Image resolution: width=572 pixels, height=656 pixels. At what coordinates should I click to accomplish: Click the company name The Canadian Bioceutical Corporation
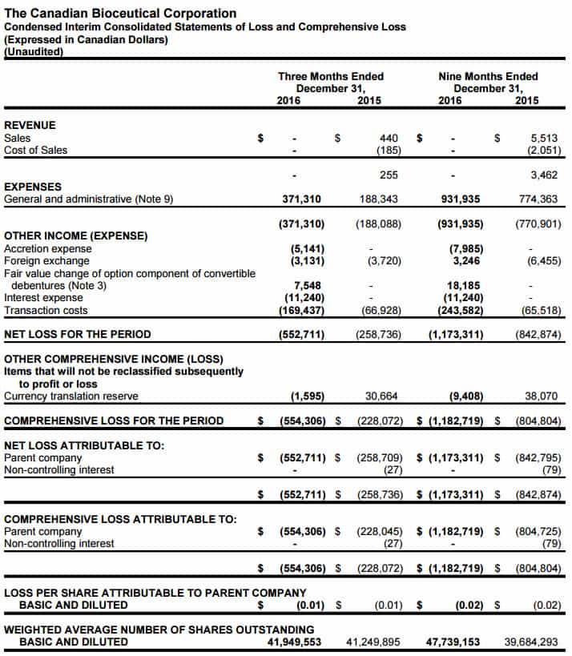[120, 13]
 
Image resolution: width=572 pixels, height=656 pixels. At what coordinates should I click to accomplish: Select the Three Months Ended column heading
[330, 77]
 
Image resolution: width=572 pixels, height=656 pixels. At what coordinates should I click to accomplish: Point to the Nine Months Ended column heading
[488, 77]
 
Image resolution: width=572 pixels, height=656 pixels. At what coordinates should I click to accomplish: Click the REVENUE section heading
[30, 125]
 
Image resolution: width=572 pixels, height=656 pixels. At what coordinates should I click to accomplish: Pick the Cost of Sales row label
[36, 150]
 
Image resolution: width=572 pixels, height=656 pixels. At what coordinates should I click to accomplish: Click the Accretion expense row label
[48, 248]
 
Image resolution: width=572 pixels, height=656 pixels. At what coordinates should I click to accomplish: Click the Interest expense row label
[43, 298]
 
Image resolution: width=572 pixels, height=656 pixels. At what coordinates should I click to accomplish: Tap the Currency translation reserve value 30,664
[383, 396]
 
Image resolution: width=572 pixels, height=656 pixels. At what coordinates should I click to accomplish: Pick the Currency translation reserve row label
[71, 396]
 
